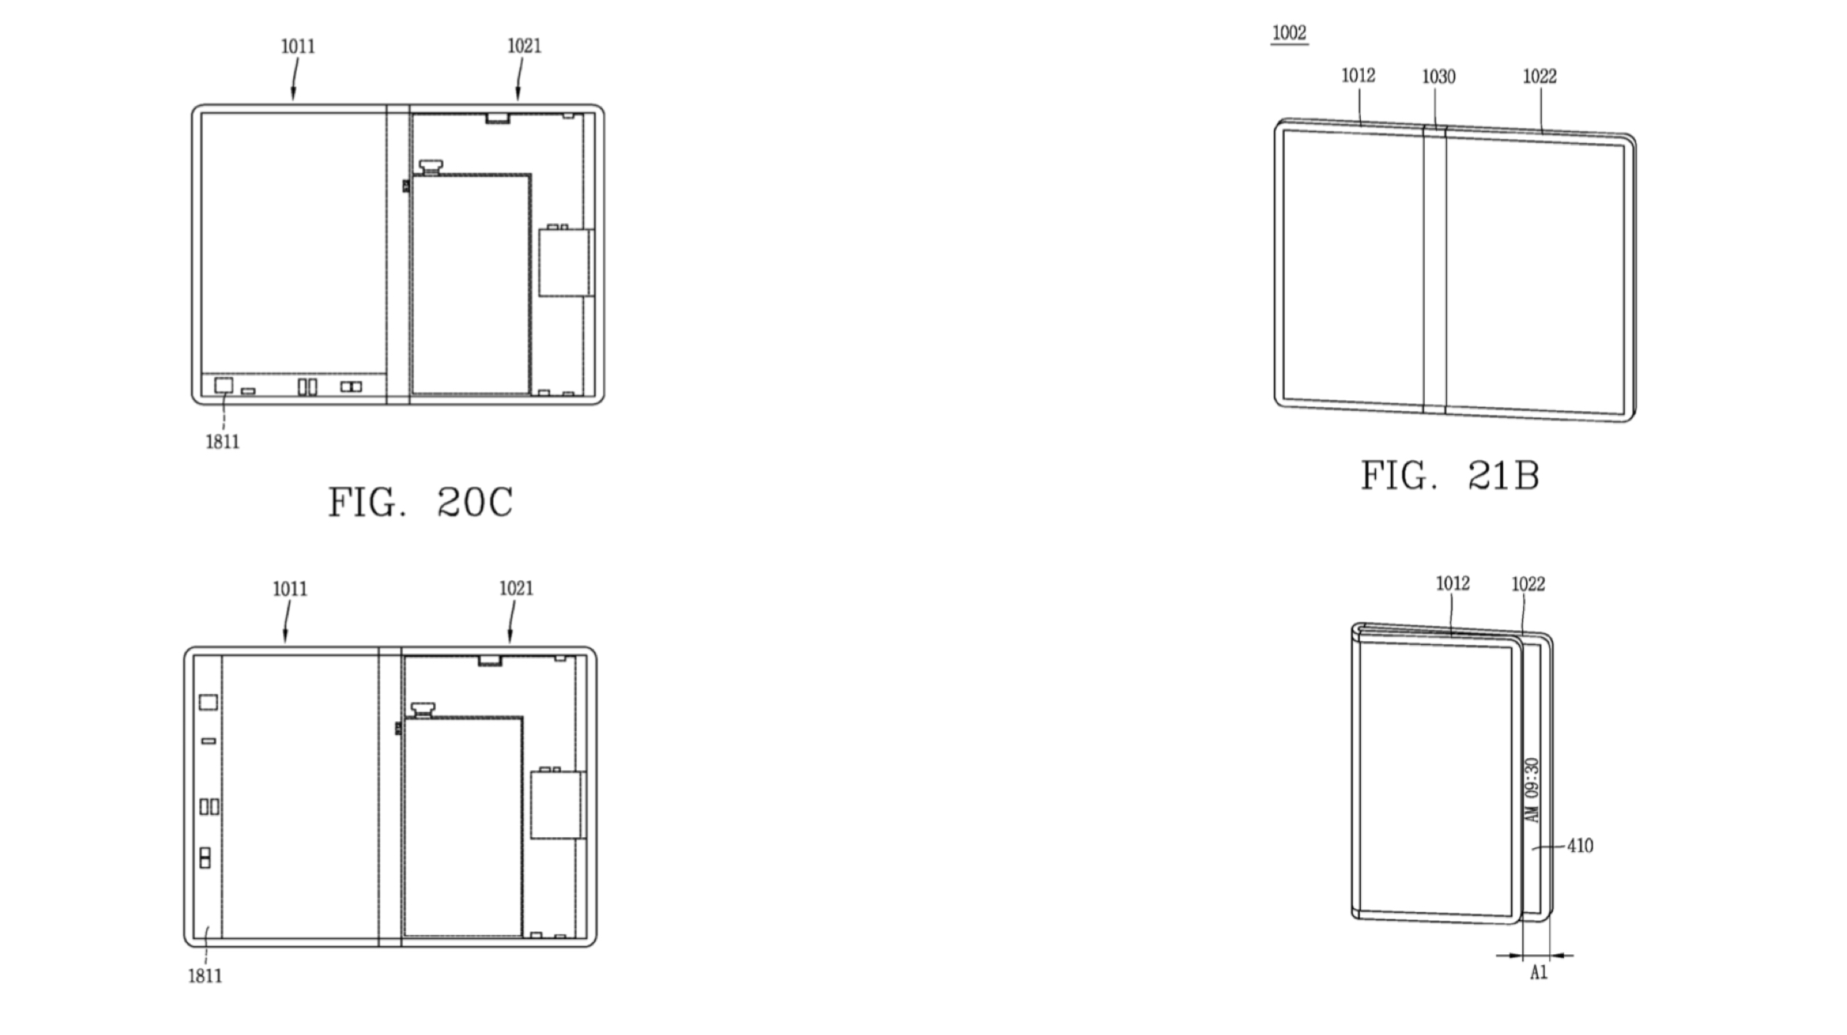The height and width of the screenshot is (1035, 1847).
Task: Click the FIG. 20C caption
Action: click(x=420, y=502)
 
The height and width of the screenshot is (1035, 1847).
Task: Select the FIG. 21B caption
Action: click(x=1450, y=476)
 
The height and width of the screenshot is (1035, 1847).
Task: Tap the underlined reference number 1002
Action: click(x=1289, y=33)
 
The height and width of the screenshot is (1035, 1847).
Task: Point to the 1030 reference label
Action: click(x=1439, y=77)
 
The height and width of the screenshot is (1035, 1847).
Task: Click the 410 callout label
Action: click(x=1580, y=846)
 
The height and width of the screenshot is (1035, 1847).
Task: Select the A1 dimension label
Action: click(x=1539, y=973)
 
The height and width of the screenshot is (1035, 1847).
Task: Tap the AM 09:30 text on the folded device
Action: click(x=1532, y=790)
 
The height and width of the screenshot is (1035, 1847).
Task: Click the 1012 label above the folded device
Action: click(x=1452, y=584)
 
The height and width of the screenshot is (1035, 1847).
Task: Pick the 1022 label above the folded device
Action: click(x=1528, y=585)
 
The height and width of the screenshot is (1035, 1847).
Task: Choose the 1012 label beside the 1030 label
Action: click(x=1358, y=75)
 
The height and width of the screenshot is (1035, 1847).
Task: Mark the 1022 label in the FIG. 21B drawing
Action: click(x=1539, y=76)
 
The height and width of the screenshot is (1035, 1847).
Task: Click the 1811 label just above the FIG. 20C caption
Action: click(x=222, y=442)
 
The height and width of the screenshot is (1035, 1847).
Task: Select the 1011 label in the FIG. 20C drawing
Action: click(x=298, y=47)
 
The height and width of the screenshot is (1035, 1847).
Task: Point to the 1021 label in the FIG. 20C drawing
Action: click(x=524, y=46)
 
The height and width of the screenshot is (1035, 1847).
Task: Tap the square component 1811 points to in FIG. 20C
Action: click(x=223, y=385)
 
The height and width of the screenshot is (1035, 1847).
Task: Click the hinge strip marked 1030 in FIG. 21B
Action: click(x=1435, y=269)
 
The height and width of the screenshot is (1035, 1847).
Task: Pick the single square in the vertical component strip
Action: click(x=208, y=702)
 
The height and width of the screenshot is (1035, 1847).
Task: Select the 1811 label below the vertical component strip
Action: click(x=205, y=976)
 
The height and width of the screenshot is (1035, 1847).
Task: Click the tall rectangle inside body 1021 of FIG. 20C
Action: click(x=471, y=284)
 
